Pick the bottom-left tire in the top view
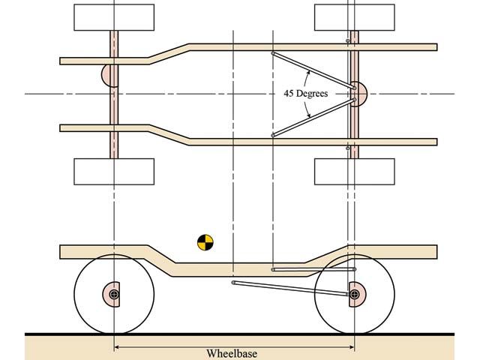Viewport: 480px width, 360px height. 114,171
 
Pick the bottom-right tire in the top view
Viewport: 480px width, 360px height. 354,171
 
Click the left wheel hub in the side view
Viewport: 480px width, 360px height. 114,295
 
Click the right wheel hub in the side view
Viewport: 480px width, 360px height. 354,295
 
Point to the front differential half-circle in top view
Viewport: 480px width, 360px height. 106,76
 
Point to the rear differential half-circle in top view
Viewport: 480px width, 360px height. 359,94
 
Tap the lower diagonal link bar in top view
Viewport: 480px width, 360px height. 311,117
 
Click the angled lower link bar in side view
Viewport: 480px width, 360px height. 292,289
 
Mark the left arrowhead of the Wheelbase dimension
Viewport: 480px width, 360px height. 118,346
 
